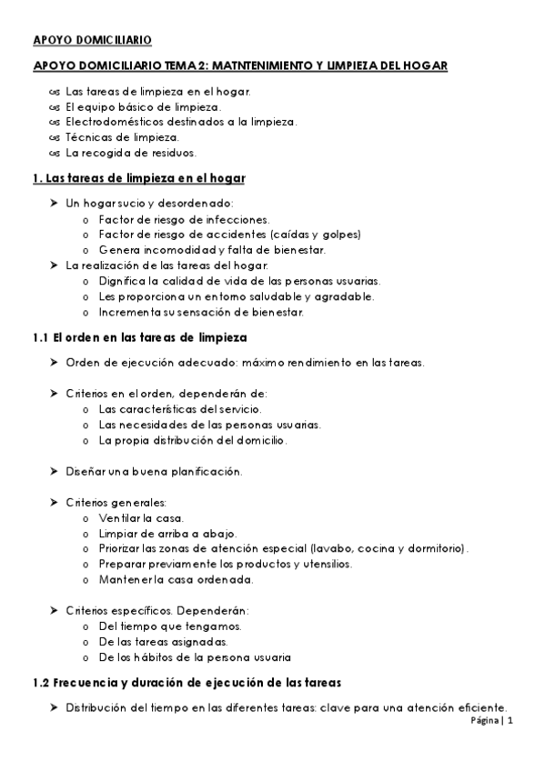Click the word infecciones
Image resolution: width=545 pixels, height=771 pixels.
pyautogui.click(x=239, y=219)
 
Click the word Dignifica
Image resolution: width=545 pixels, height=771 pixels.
pyautogui.click(x=122, y=281)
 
